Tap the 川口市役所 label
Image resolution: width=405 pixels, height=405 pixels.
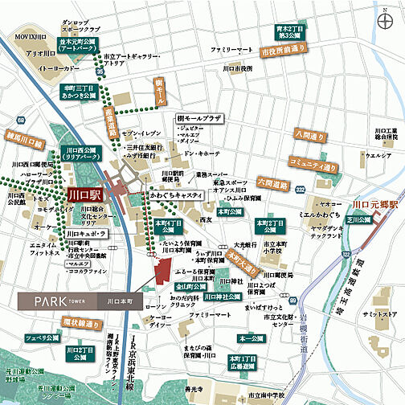pos(238,68)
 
